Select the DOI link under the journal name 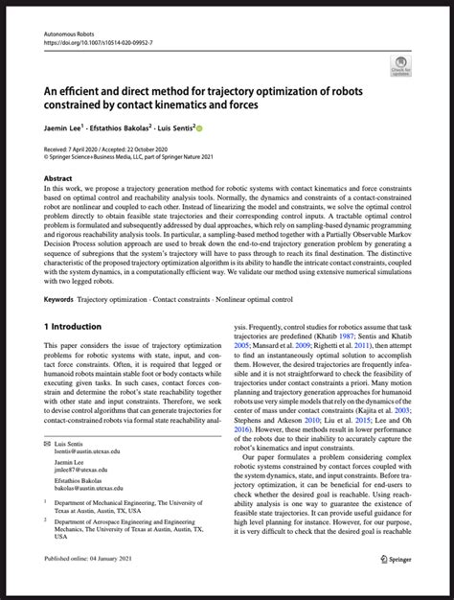tap(96, 42)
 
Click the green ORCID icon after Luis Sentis tap(226, 127)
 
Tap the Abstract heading tap(59, 178)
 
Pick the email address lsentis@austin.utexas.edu tap(86, 453)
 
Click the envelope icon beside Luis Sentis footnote tap(49, 445)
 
